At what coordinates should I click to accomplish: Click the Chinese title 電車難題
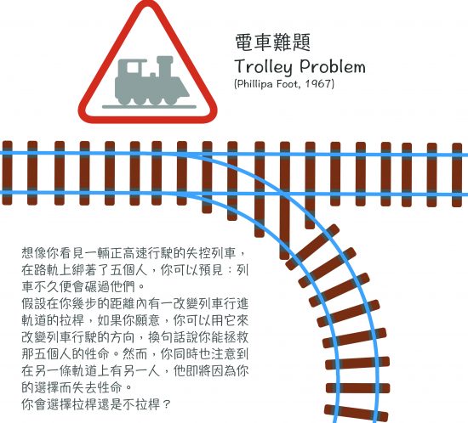(x=273, y=42)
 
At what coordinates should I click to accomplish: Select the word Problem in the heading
(x=333, y=66)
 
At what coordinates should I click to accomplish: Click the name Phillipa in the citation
(x=251, y=84)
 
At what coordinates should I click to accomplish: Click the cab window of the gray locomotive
(x=133, y=68)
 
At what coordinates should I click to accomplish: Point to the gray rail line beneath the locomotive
(x=149, y=107)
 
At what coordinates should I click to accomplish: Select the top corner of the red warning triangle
(x=148, y=3)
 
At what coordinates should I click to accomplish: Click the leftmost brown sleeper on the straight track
(x=8, y=172)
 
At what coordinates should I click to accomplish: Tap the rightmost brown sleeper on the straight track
(x=457, y=175)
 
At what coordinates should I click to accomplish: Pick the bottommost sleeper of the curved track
(x=356, y=413)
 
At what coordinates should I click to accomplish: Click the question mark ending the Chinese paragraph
(x=167, y=404)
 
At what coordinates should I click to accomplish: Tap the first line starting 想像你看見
(x=134, y=253)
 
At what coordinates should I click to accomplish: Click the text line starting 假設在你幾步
(x=135, y=304)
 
